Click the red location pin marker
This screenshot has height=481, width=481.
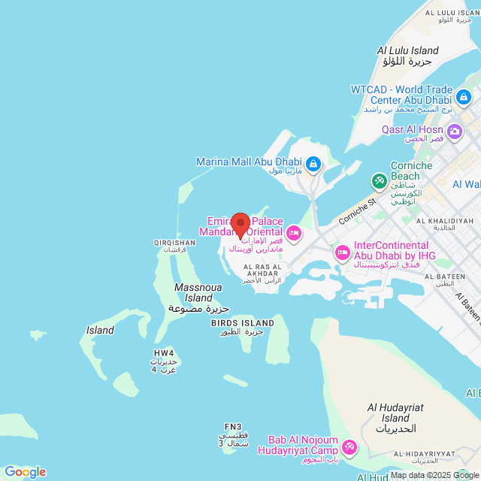click(240, 225)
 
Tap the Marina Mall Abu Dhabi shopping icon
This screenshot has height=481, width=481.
click(313, 162)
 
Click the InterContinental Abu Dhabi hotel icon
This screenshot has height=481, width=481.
click(342, 251)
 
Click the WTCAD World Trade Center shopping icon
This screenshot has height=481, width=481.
click(464, 95)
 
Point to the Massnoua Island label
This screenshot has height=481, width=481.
click(194, 292)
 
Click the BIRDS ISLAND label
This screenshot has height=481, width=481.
click(242, 323)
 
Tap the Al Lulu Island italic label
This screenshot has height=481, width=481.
click(407, 50)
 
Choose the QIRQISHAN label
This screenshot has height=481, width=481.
click(174, 243)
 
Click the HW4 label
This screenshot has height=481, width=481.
click(164, 352)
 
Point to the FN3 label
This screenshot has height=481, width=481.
click(233, 427)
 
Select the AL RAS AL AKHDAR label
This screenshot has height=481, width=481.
click(262, 270)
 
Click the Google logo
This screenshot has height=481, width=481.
click(25, 472)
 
